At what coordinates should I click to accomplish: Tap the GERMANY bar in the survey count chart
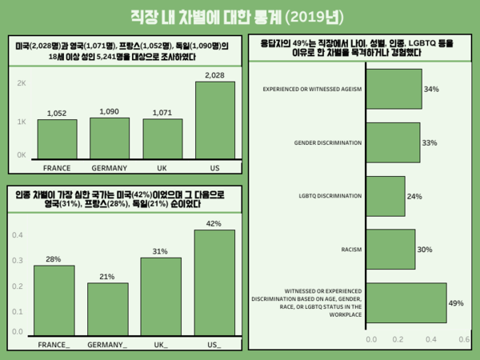(x=110, y=138)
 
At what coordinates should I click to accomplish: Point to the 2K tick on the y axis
(x=22, y=83)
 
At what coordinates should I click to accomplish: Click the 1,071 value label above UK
(x=163, y=114)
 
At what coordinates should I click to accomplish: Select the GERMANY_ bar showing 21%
(x=107, y=308)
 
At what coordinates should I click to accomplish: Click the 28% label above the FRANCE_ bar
(x=54, y=258)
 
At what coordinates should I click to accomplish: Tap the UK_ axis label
(x=161, y=345)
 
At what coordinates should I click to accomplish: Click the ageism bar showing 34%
(x=393, y=89)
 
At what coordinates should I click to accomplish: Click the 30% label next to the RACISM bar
(x=425, y=250)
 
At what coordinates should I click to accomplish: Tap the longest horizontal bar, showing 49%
(x=406, y=302)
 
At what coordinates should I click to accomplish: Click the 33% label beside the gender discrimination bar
(x=429, y=142)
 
